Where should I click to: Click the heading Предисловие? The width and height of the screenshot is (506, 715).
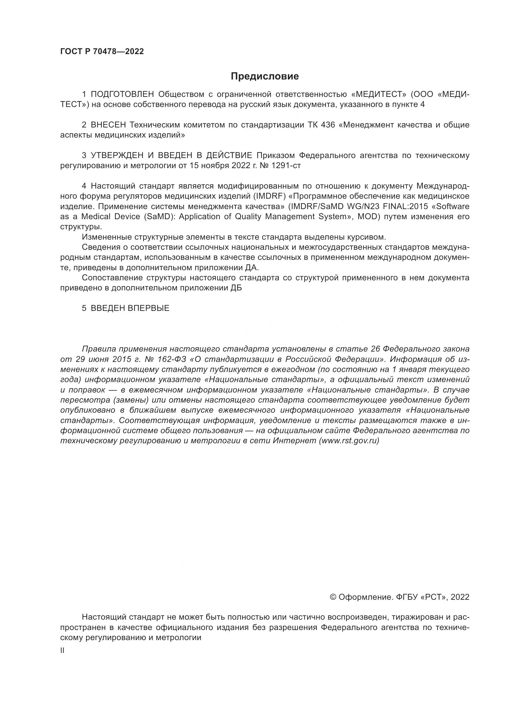pyautogui.click(x=265, y=76)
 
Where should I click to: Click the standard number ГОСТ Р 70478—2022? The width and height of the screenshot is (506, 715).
pyautogui.click(x=102, y=52)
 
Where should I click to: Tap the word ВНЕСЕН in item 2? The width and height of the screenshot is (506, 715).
pyautogui.click(x=108, y=125)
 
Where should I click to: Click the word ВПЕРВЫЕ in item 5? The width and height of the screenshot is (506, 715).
pyautogui.click(x=149, y=309)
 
